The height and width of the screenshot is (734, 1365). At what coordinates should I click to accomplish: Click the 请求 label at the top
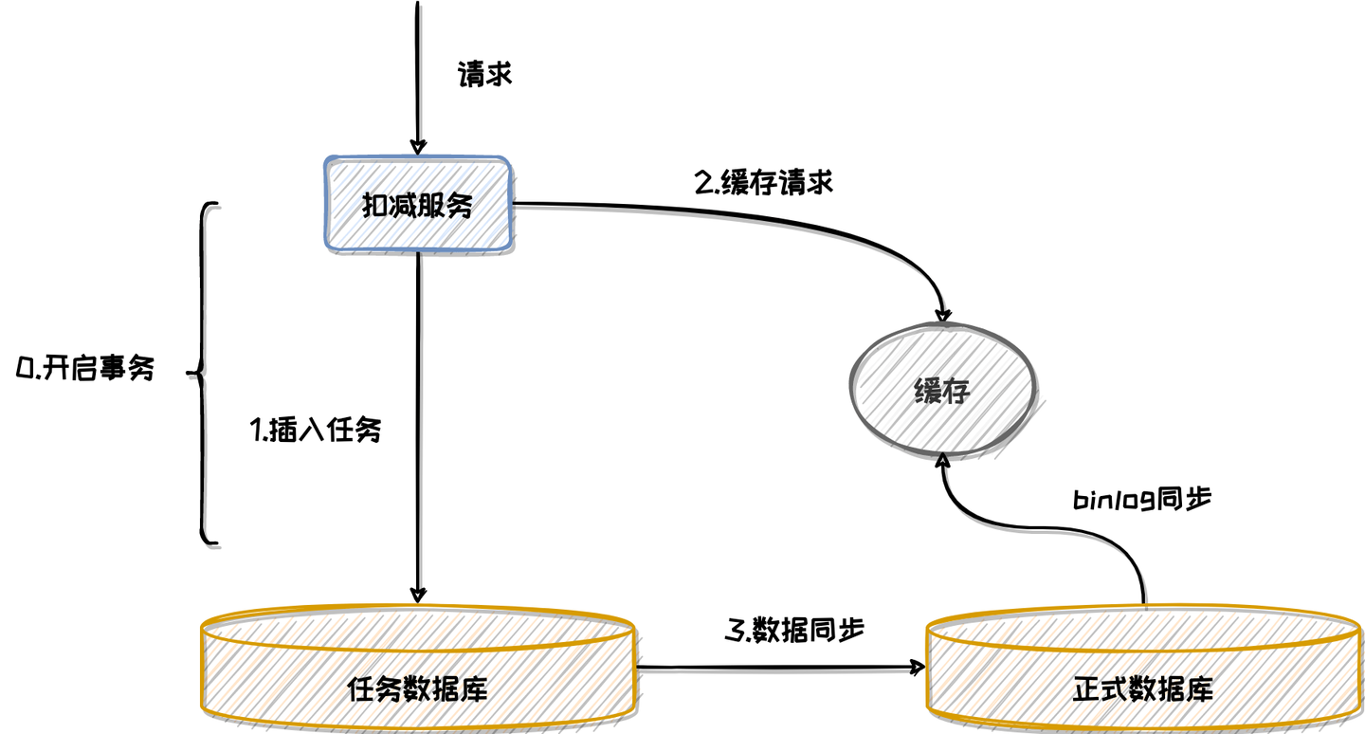(x=484, y=75)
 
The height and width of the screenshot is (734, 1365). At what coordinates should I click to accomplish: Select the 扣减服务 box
(x=418, y=204)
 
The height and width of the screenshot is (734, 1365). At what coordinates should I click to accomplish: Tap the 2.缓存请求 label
(x=763, y=182)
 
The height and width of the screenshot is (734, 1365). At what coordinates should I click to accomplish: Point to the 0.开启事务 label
(x=85, y=370)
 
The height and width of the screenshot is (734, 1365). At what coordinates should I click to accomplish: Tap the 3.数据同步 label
(x=794, y=630)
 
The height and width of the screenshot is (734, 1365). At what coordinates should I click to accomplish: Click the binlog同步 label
(x=1141, y=500)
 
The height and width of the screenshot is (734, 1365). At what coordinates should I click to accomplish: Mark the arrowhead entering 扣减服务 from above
(x=417, y=146)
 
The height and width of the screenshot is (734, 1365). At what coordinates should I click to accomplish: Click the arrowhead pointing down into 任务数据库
(x=418, y=594)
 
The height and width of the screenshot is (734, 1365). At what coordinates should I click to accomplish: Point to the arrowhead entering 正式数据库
(x=917, y=668)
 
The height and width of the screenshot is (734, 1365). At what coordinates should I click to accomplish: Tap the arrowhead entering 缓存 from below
(x=942, y=461)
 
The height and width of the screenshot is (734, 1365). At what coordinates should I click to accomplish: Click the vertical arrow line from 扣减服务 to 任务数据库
(x=418, y=427)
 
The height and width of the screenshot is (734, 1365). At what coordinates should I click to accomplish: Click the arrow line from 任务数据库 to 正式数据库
(x=777, y=668)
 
